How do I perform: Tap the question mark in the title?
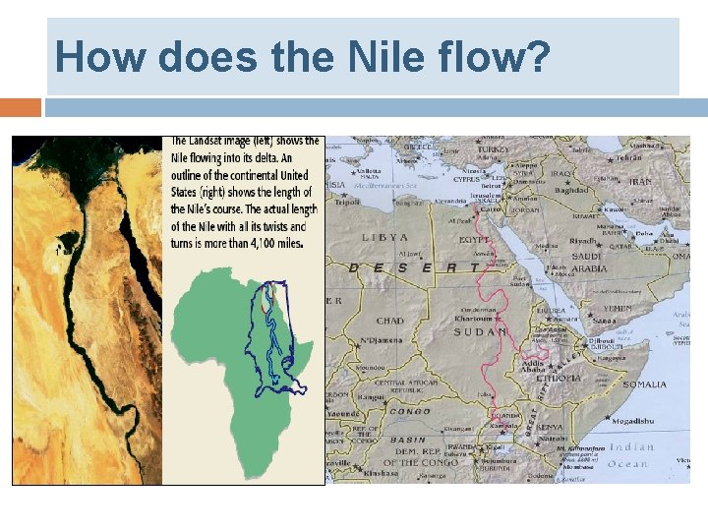(535, 56)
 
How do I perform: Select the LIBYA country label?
(384, 238)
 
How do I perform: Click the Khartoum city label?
(473, 319)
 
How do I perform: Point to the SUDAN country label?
(480, 332)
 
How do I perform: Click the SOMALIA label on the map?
(644, 383)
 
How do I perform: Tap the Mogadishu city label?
(631, 421)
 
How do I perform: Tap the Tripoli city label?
(346, 204)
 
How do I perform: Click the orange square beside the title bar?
(21, 106)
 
